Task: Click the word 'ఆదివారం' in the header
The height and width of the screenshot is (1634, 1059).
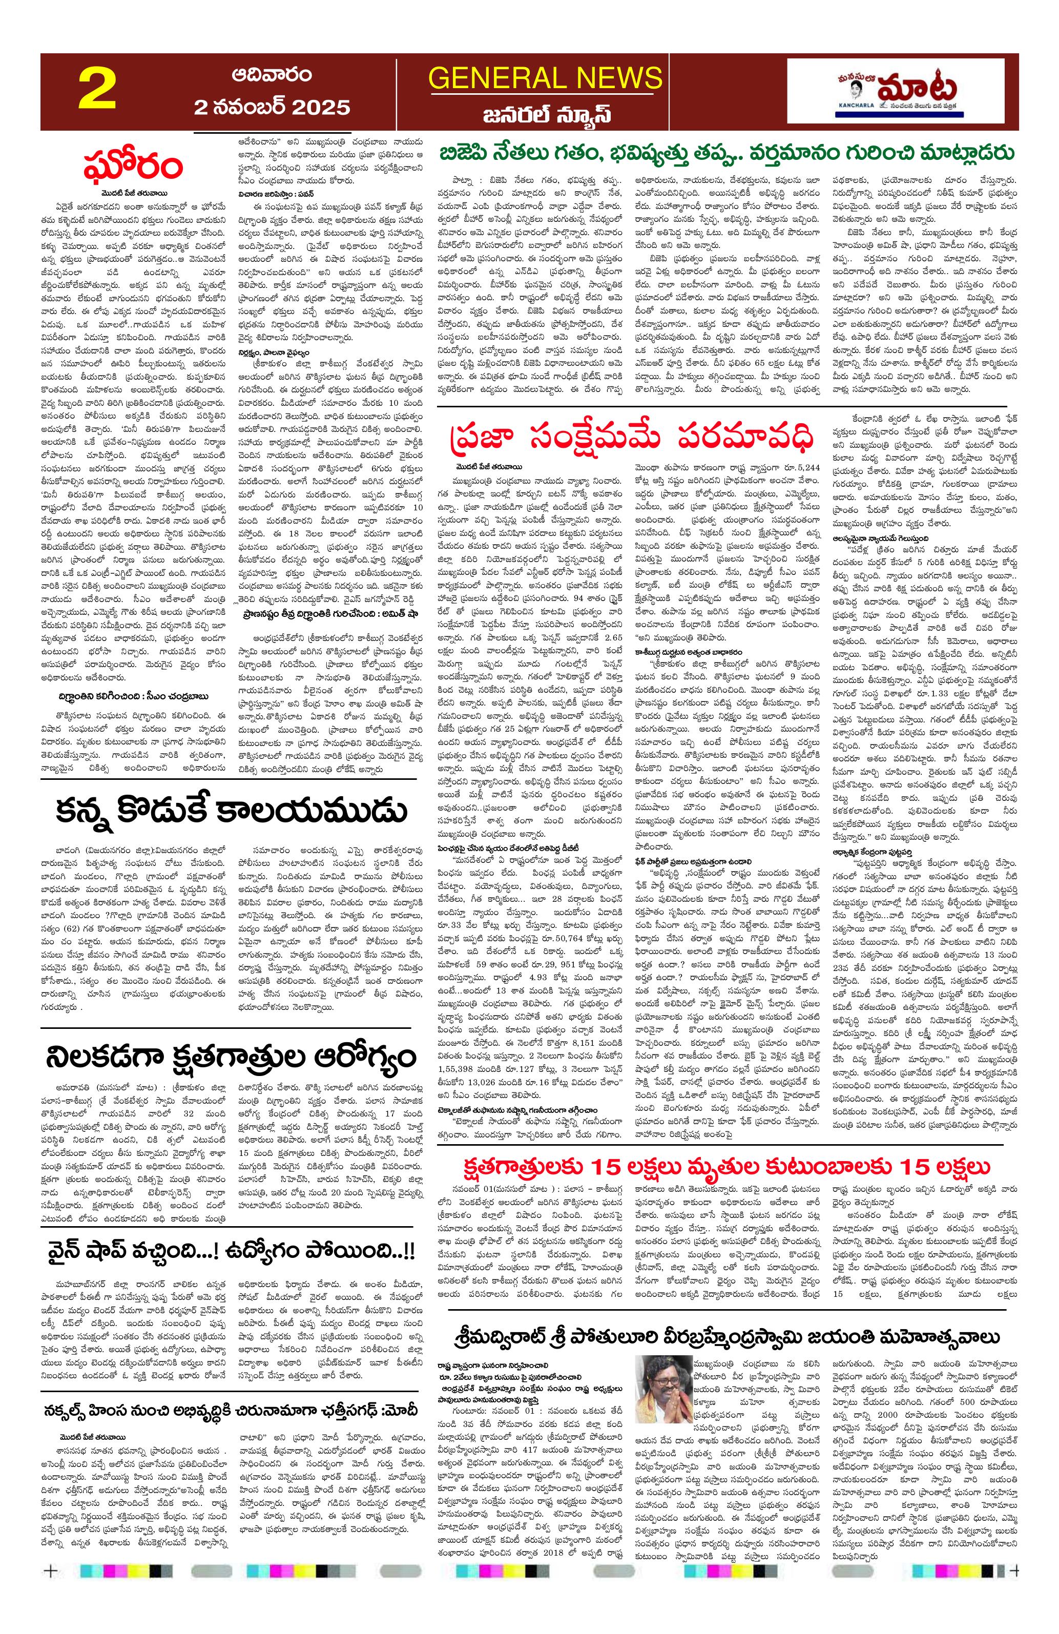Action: click(x=272, y=74)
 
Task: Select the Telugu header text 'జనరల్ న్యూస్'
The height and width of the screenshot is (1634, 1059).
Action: click(x=545, y=114)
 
